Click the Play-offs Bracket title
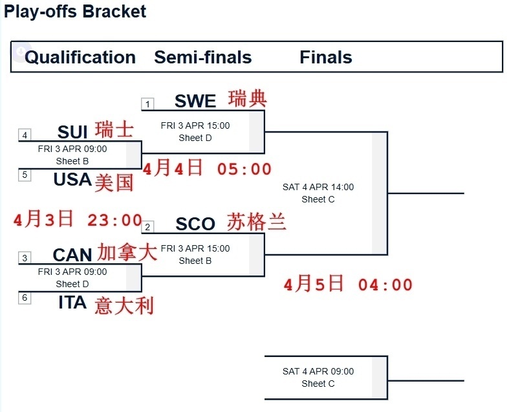pos(75,12)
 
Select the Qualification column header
pos(80,58)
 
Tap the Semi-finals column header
pos(202,58)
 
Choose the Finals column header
pos(326,58)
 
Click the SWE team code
pos(195,102)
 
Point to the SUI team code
pos(72,133)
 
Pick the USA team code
pos(72,179)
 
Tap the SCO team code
pos(195,224)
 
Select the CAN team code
pos(72,255)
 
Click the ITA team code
pos(72,302)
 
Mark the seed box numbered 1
pos(147,104)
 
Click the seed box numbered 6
pos(25,298)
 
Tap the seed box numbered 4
pos(25,135)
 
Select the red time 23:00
pos(114,221)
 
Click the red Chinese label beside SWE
pos(248,99)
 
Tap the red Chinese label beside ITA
pos(124,305)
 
